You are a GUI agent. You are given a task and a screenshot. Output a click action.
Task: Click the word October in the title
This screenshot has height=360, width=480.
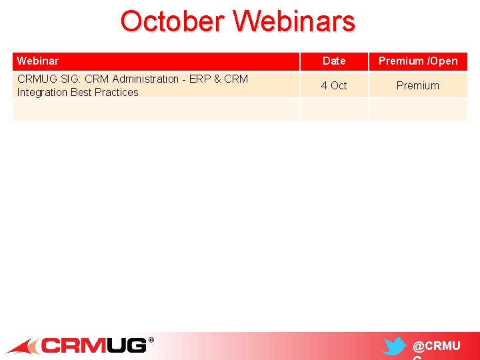point(172,21)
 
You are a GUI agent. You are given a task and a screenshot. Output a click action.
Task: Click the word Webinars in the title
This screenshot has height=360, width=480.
point(294,21)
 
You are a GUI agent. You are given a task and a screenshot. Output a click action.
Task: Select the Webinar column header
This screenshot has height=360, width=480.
point(37,61)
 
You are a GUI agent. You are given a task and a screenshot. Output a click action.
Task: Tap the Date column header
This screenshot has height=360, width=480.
point(334,61)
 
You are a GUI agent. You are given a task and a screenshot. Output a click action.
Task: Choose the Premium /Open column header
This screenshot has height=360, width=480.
point(418,61)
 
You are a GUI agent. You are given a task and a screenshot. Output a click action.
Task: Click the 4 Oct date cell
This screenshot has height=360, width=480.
point(334,85)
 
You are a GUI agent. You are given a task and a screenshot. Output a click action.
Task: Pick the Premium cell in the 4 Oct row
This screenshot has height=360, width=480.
point(418,85)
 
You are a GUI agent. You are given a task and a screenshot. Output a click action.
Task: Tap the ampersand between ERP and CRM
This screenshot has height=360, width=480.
point(218,79)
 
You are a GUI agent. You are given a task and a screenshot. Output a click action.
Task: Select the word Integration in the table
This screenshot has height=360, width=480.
point(42,92)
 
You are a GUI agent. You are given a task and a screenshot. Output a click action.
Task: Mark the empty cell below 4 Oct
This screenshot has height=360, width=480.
point(334,109)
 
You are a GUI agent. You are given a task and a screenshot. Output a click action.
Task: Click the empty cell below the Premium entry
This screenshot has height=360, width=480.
point(418,109)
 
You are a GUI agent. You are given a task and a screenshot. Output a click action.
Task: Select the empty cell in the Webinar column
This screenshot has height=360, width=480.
point(156,109)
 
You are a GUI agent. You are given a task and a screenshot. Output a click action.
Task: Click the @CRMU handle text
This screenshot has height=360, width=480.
point(437,346)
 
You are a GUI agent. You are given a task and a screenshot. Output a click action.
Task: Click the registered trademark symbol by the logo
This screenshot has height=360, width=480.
point(151,340)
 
